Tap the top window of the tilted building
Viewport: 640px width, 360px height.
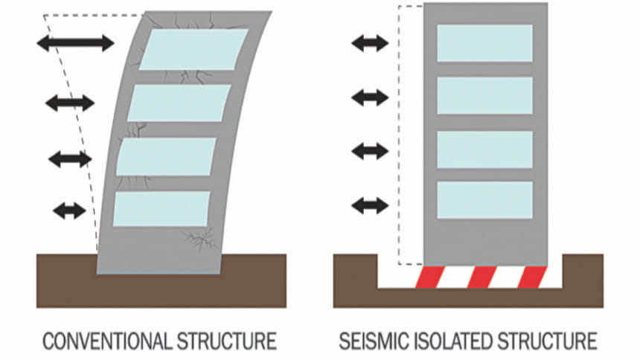click(x=193, y=49)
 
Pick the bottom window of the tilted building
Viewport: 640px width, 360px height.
click(x=161, y=209)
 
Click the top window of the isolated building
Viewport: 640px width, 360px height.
click(x=484, y=43)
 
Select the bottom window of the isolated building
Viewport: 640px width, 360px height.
click(x=484, y=199)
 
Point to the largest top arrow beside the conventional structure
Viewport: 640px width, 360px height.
click(x=75, y=42)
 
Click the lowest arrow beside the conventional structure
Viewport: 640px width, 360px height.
click(x=69, y=211)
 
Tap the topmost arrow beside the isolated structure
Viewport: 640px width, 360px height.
click(x=370, y=43)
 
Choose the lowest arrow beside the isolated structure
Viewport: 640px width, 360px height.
click(x=370, y=205)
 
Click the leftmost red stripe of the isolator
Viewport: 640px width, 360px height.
click(x=430, y=277)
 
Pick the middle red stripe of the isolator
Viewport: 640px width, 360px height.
click(x=481, y=277)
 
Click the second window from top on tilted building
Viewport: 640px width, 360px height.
click(x=179, y=103)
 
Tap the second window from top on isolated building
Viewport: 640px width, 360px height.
click(x=484, y=95)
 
